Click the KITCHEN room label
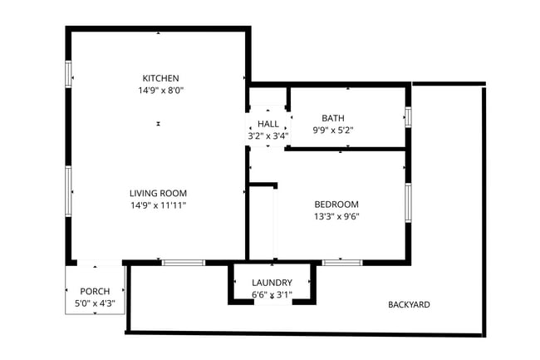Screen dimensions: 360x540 [x=160, y=78]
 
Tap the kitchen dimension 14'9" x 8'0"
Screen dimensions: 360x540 [x=160, y=90]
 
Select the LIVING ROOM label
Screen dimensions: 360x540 [x=157, y=193]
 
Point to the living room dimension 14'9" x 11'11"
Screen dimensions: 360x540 [x=157, y=205]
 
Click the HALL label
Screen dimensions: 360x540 [x=268, y=124]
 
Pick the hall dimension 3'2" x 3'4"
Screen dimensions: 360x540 [x=268, y=135]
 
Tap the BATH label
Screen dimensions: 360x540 [x=333, y=118]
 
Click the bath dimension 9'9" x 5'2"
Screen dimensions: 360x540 [x=333, y=130]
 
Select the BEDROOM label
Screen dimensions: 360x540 [x=336, y=205]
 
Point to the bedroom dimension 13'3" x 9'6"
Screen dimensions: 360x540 [x=336, y=216]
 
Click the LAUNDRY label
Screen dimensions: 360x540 [x=271, y=283]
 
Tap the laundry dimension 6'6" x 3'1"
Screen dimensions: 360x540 [x=271, y=294]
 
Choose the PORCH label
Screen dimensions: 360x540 [x=94, y=291]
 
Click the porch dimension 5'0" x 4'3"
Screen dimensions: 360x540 [x=94, y=303]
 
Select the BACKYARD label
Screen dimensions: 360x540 [x=409, y=304]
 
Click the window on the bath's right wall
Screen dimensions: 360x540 [x=408, y=116]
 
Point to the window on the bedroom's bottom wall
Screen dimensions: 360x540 [x=341, y=263]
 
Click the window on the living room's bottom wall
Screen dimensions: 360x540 [x=183, y=263]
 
